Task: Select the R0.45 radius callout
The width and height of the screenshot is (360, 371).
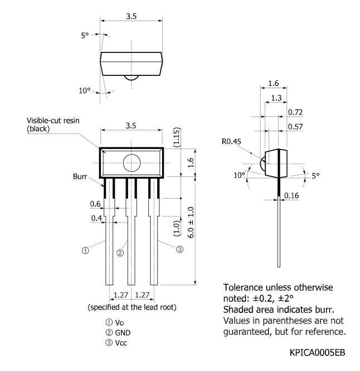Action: tap(231, 142)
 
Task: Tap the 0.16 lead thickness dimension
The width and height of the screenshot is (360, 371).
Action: tap(291, 195)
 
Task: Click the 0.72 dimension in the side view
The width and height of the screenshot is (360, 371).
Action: tap(295, 112)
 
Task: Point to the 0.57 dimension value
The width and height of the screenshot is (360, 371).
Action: tap(295, 127)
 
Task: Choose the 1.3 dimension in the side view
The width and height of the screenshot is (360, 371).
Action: tap(276, 98)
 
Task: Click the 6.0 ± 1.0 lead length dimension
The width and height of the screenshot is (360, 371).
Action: tap(191, 223)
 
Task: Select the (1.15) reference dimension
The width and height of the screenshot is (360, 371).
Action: tap(177, 137)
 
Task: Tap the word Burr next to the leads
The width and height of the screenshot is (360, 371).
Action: tap(80, 176)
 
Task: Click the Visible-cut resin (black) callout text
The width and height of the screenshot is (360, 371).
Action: tap(53, 125)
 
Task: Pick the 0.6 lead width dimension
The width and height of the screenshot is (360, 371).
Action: tap(95, 204)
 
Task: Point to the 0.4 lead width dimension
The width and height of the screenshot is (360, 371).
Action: tap(96, 218)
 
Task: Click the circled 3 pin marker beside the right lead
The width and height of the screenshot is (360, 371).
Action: tap(179, 249)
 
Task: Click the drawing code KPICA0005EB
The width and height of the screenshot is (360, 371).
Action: tap(317, 353)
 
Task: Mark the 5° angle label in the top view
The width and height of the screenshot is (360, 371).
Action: tap(85, 36)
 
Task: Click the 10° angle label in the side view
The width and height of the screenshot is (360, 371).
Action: tap(239, 175)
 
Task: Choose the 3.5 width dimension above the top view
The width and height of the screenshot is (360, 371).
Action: tap(131, 16)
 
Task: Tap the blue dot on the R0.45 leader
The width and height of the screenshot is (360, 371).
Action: tap(251, 153)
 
